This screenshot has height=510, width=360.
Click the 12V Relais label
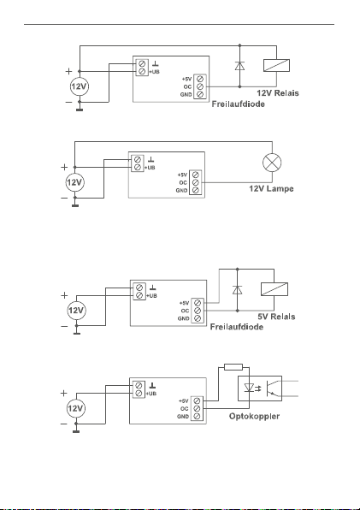(x=278, y=93)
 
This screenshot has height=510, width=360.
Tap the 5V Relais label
(x=276, y=317)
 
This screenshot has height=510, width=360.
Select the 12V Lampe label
(x=271, y=188)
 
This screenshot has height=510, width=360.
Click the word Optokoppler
(x=254, y=417)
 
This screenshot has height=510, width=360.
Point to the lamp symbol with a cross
(x=272, y=163)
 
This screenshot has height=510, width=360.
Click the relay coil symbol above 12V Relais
(x=276, y=65)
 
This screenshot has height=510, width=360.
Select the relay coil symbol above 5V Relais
(x=274, y=289)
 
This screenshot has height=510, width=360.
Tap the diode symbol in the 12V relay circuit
(x=239, y=66)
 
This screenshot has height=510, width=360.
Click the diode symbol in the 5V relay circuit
(x=237, y=289)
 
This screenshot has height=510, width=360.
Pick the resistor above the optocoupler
(x=233, y=367)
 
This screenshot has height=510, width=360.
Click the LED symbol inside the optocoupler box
(x=249, y=388)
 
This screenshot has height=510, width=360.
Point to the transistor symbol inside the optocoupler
(x=272, y=388)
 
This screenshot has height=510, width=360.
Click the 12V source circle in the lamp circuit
(x=74, y=182)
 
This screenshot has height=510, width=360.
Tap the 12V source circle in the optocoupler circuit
(x=76, y=408)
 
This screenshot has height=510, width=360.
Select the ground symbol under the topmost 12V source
(x=80, y=110)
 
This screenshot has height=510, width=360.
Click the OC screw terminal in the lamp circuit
(x=196, y=182)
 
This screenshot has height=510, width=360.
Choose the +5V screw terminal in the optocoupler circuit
(x=197, y=401)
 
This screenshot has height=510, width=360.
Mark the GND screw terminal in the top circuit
(x=200, y=94)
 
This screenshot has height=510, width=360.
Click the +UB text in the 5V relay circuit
(x=152, y=296)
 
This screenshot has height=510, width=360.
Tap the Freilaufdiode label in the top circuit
(x=239, y=104)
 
